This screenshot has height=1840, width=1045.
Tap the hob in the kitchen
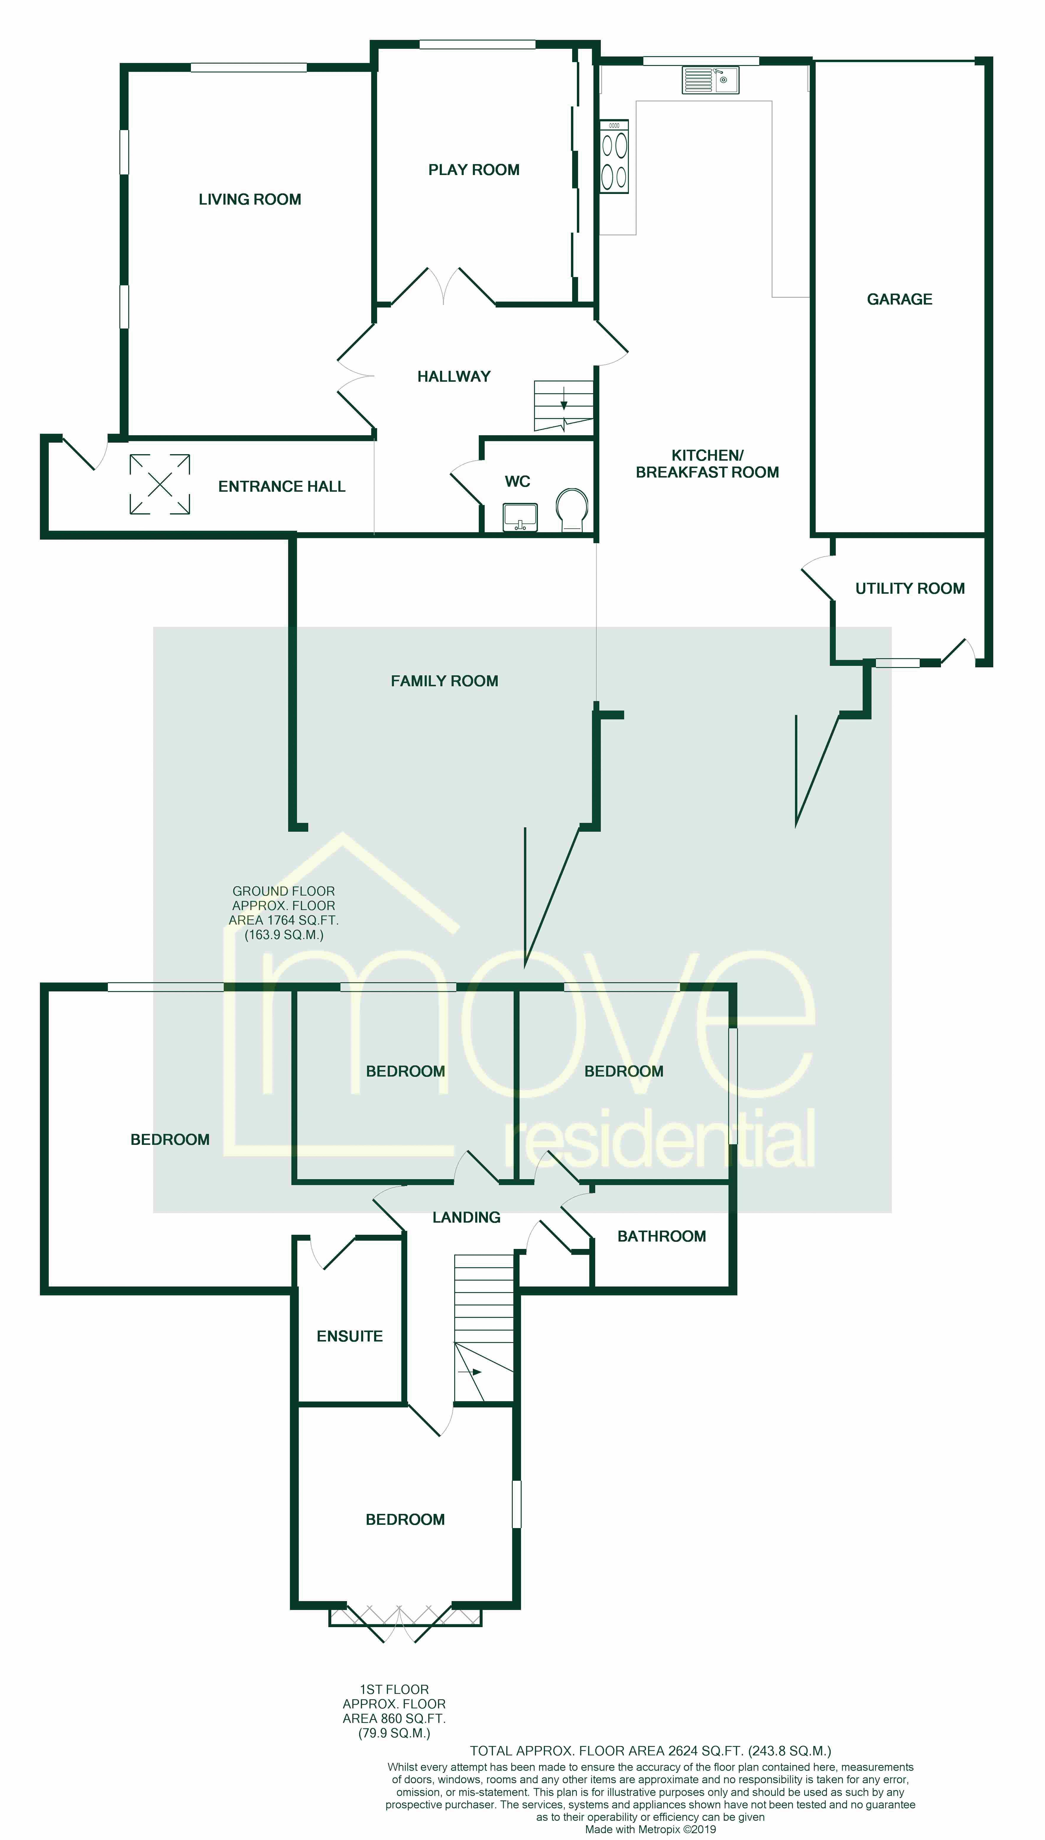coord(614,156)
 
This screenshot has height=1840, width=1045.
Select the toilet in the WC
coord(572,508)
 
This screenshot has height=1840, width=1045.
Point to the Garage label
coord(899,299)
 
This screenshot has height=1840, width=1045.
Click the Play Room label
coord(474,170)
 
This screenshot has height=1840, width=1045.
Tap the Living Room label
coord(250,200)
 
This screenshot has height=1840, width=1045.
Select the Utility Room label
coord(909,589)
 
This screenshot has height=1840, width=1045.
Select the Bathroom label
coord(661,1236)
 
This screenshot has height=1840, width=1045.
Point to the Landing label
coord(466,1218)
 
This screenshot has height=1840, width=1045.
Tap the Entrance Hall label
coord(281,487)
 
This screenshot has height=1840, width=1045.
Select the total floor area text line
coord(650,1751)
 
